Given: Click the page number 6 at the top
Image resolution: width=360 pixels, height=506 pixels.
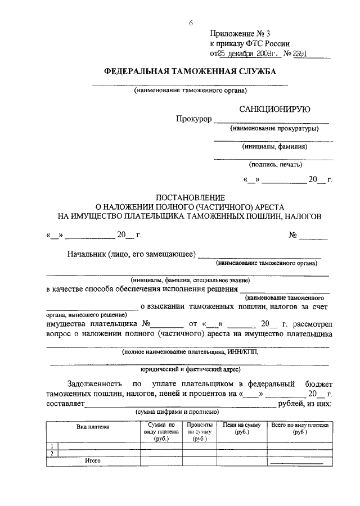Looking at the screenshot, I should coord(191,23).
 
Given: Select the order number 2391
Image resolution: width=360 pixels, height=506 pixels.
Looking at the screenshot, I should coord(304,54).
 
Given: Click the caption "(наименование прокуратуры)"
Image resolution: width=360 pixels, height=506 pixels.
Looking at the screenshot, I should coord(274,129).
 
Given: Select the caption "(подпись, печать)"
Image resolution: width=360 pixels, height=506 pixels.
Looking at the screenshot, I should coord(275,165).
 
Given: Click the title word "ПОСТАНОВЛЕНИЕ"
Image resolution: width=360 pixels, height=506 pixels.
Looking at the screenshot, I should coord(190,197).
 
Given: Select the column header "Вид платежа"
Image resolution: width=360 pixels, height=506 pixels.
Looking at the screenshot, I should coord(93,427).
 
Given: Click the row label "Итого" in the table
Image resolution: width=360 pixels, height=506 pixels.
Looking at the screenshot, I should coord(93,460).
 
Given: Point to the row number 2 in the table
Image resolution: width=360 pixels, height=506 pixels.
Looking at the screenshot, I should coord(52,453).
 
